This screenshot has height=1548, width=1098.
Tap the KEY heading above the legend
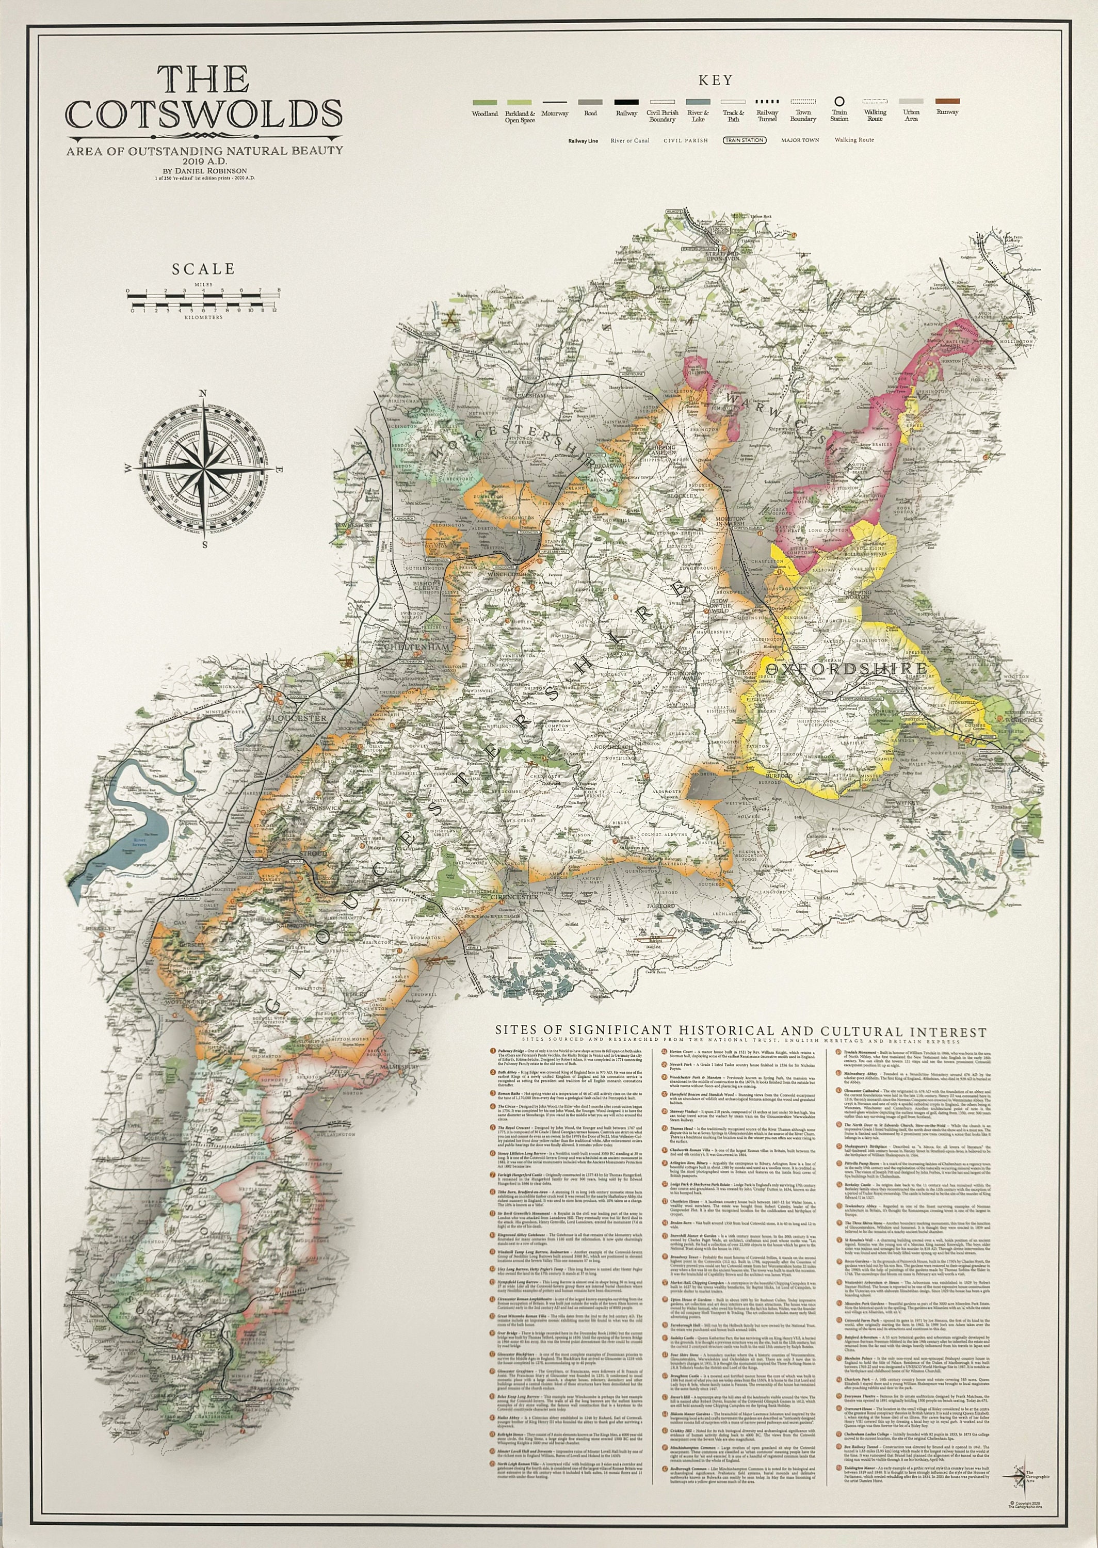(715, 80)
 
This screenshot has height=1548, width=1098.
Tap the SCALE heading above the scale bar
(203, 269)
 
